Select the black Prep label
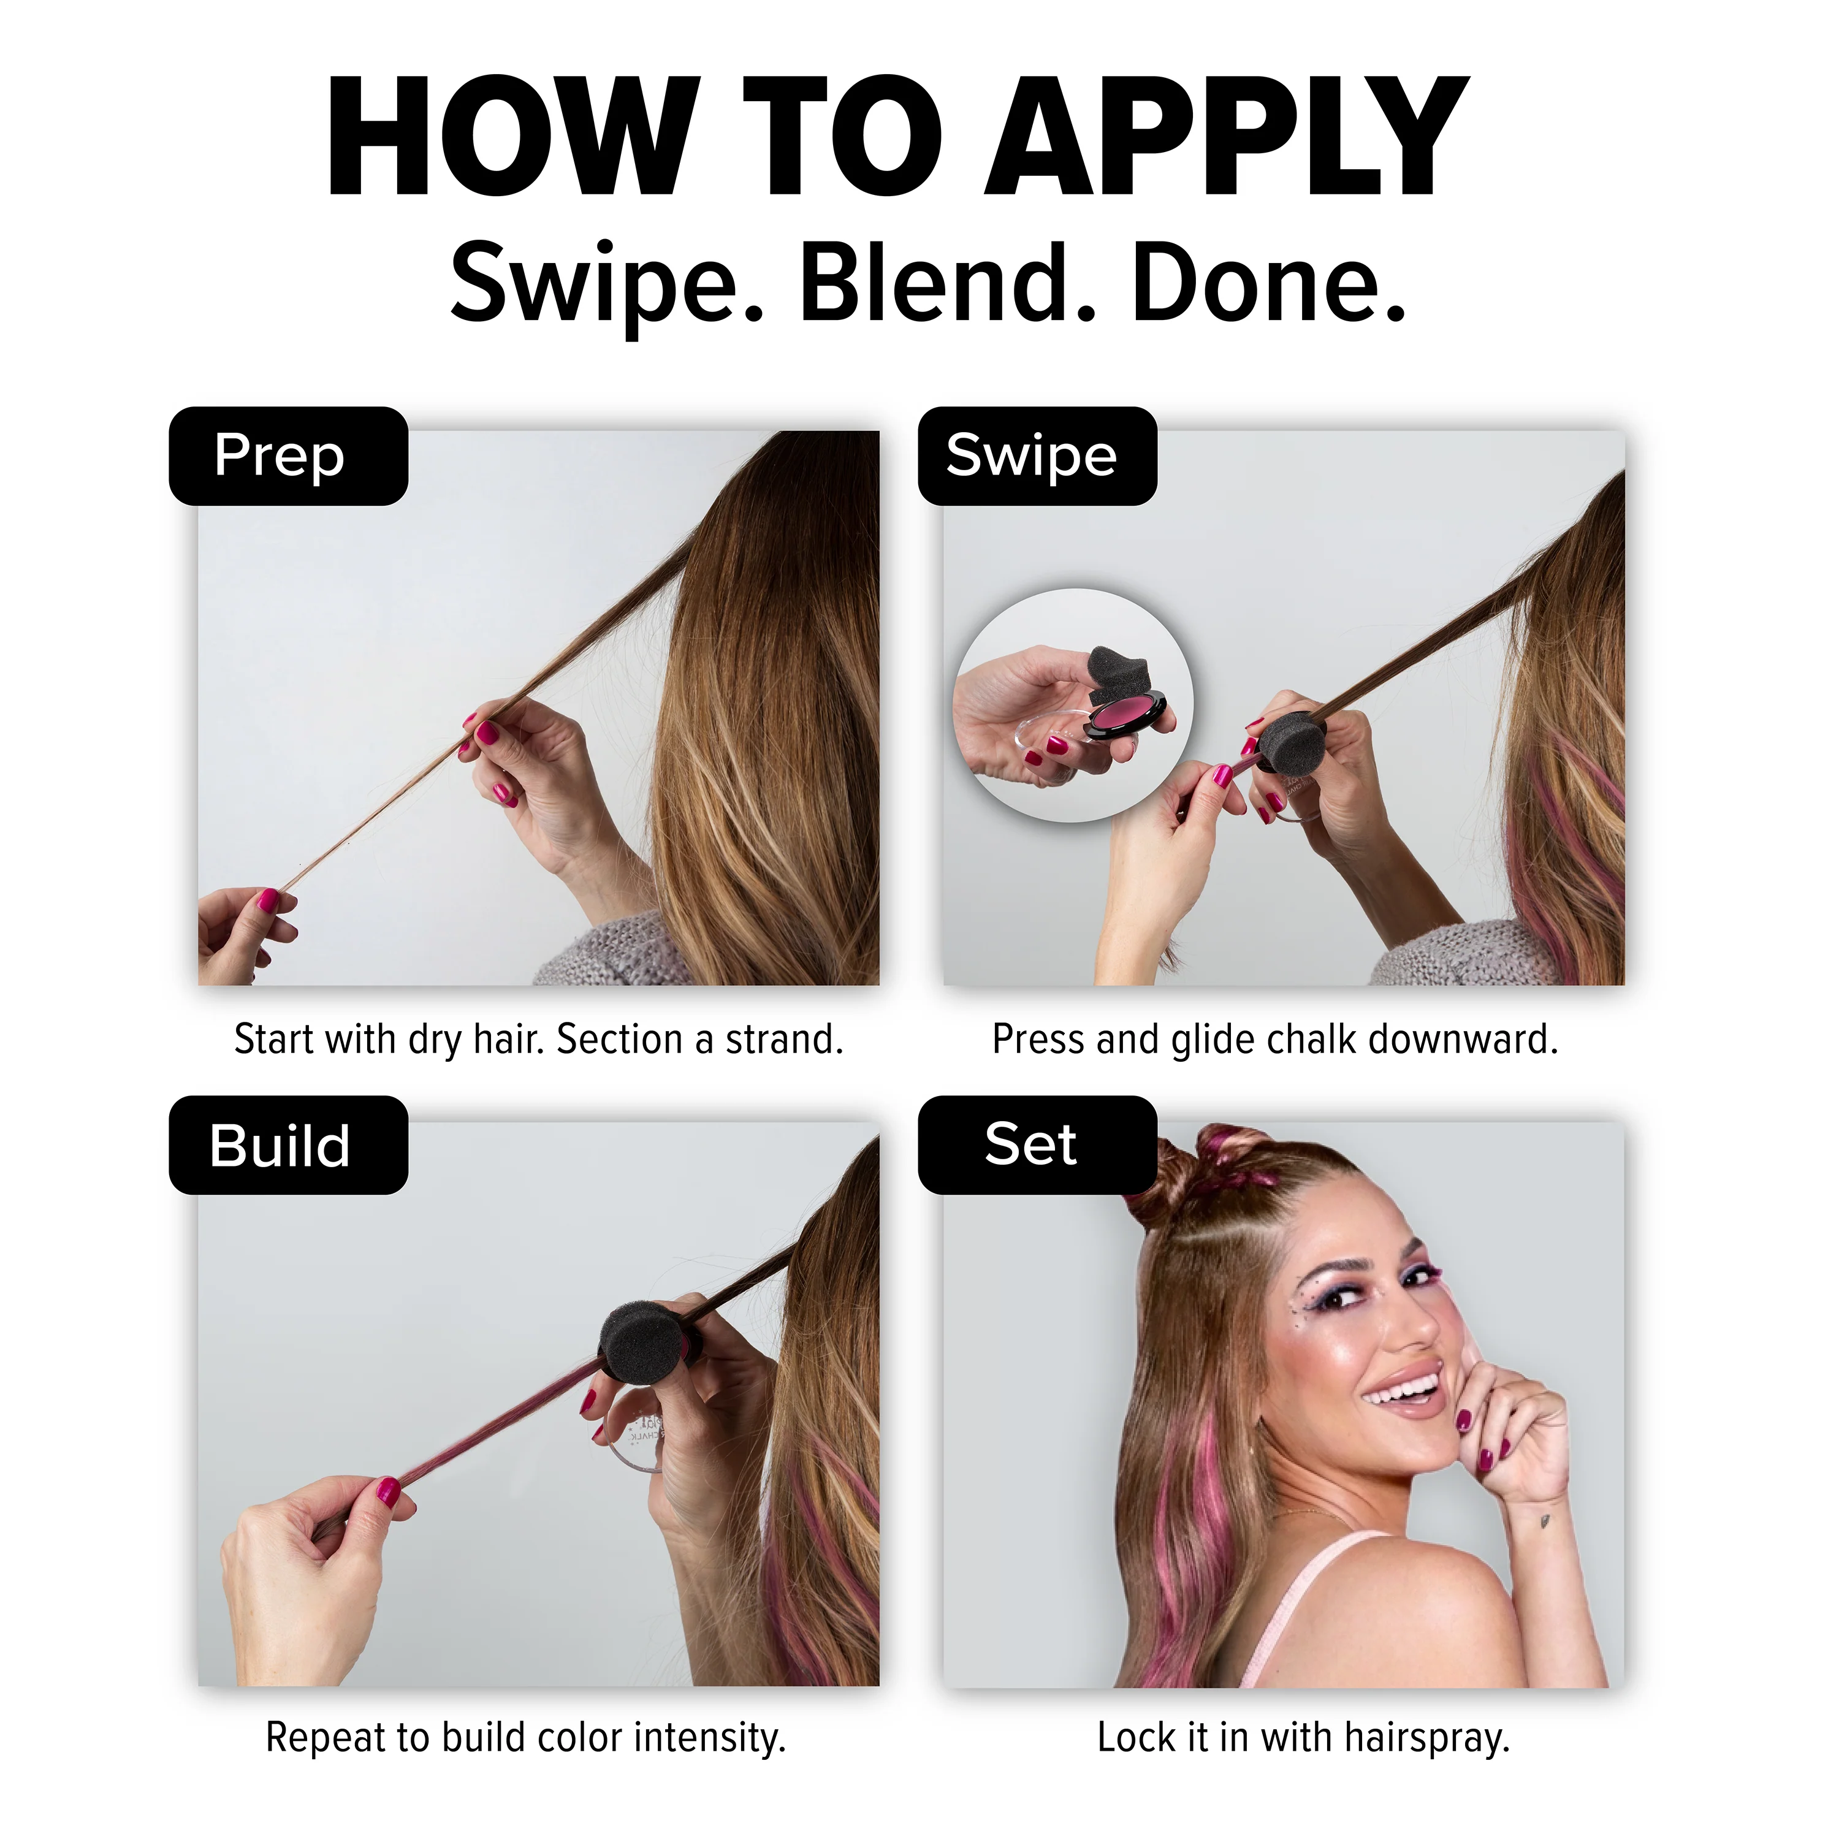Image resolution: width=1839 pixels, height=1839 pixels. [x=288, y=456]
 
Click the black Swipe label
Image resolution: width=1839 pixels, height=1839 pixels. [x=1038, y=456]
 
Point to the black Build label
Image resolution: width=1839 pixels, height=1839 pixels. [x=288, y=1145]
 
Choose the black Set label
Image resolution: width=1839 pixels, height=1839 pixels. [x=1038, y=1145]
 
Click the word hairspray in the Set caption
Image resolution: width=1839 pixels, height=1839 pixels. [x=1427, y=1738]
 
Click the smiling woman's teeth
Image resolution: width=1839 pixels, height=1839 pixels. [x=1404, y=1392]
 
